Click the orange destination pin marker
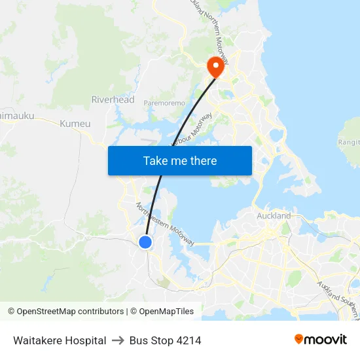coord(215,67)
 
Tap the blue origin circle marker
coord(145,242)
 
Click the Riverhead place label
coord(113,100)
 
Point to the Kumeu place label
coord(75,124)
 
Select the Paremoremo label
coord(164,103)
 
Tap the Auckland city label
coord(274,215)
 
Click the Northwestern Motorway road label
coord(165,224)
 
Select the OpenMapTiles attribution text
coord(162,312)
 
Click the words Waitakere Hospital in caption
coord(60,340)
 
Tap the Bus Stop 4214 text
coord(165,340)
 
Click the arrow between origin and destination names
coord(118,340)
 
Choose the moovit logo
coord(320,339)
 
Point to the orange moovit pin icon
coord(299,339)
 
